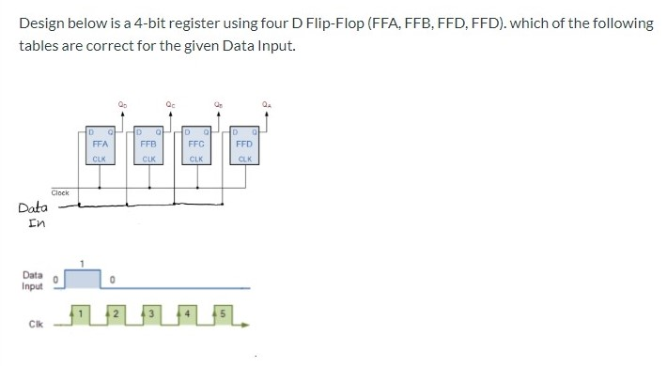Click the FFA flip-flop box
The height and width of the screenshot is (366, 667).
click(x=100, y=145)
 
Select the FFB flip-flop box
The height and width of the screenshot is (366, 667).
click(x=147, y=145)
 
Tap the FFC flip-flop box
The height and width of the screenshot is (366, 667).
click(x=196, y=145)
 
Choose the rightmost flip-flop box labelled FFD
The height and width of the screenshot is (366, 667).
click(x=243, y=145)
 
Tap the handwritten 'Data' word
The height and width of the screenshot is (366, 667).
click(x=32, y=207)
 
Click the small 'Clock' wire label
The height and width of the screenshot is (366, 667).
click(x=60, y=193)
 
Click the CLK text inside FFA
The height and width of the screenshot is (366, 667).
click(x=100, y=159)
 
